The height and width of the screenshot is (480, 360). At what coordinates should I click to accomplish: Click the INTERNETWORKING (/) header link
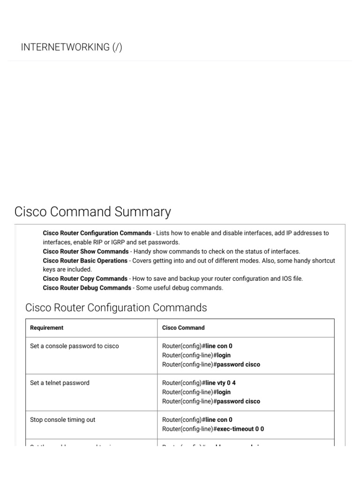click(x=71, y=47)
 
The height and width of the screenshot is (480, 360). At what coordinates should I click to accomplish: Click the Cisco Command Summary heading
click(x=92, y=212)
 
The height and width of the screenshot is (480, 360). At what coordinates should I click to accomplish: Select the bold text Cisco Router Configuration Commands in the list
click(x=97, y=233)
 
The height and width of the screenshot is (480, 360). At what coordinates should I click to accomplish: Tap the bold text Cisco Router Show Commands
click(x=85, y=251)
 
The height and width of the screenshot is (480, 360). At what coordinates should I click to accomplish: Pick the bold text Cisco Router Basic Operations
click(x=85, y=261)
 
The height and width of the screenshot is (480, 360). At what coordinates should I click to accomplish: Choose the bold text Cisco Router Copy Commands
click(x=85, y=278)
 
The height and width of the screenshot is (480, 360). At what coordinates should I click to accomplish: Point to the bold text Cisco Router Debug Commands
click(x=87, y=288)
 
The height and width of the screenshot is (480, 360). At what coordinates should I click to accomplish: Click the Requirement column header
click(x=46, y=328)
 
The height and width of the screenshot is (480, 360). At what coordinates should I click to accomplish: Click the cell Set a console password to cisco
click(x=74, y=346)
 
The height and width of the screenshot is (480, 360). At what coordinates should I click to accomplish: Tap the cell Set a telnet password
click(x=60, y=383)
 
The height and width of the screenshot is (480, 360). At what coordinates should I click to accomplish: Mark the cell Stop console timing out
click(x=62, y=420)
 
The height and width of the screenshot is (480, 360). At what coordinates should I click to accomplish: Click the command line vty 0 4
click(x=220, y=383)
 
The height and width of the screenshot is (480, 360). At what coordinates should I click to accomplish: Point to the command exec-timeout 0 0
click(x=239, y=429)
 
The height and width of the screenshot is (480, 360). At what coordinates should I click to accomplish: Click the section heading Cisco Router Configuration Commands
click(x=116, y=308)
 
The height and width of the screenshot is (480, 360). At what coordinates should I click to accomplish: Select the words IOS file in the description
click(x=291, y=278)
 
